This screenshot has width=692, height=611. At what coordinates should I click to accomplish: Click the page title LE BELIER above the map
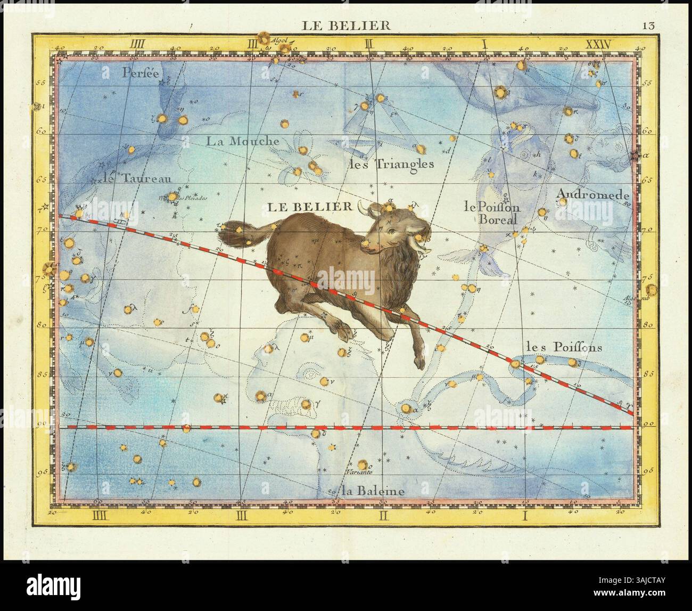click(x=346, y=25)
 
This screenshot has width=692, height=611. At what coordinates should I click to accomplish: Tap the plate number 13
click(x=648, y=25)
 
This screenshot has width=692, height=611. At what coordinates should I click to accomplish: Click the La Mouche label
click(x=243, y=141)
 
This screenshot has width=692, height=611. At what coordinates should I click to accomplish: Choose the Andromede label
click(x=592, y=195)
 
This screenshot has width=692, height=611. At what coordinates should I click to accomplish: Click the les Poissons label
click(x=564, y=347)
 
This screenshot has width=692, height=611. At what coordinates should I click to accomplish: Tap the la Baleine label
click(x=366, y=491)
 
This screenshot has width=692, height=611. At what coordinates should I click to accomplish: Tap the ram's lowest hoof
click(x=420, y=363)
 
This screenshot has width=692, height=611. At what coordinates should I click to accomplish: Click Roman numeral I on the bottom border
click(x=525, y=515)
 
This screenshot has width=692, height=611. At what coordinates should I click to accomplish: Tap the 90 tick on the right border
click(x=648, y=423)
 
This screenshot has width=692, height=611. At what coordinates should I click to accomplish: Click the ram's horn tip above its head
click(x=360, y=205)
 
